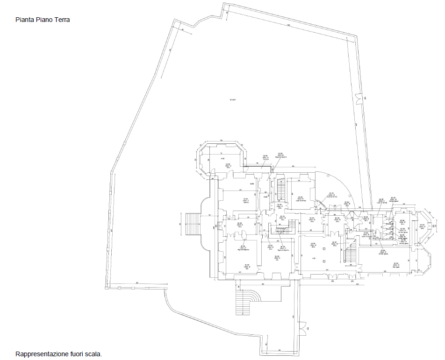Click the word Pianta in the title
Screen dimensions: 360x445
click(24, 20)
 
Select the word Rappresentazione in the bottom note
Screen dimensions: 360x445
click(42, 354)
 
